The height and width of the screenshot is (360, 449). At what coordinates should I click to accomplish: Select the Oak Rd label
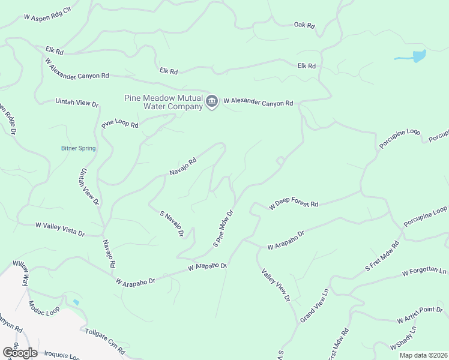[x=304, y=25]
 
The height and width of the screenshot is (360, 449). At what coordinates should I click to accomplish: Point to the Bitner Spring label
[x=78, y=148]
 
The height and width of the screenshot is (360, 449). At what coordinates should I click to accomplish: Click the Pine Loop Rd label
[x=120, y=124]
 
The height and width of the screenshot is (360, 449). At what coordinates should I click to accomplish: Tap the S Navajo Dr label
[x=171, y=223]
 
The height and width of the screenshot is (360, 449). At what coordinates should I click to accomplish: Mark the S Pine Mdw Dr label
[x=223, y=229]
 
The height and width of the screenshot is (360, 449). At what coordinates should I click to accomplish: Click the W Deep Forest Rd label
[x=294, y=204]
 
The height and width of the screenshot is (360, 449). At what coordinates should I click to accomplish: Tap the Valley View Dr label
[x=276, y=285]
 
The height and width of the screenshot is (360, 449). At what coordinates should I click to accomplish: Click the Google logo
[x=20, y=352]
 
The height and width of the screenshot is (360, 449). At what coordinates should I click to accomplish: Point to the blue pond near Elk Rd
[x=414, y=57]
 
